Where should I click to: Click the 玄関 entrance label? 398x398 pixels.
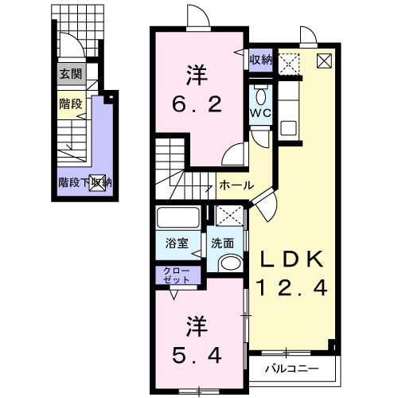click(71, 74)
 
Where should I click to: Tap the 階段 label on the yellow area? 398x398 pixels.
click(71, 103)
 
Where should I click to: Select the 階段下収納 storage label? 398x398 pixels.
click(85, 182)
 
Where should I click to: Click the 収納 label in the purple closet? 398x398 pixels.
click(261, 60)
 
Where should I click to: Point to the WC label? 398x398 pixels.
click(261, 113)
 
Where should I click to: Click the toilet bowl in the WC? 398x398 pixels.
click(261, 97)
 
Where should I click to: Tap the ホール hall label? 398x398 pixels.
click(236, 185)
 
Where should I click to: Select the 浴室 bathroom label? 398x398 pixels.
click(177, 243)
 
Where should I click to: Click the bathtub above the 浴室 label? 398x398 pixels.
click(178, 217)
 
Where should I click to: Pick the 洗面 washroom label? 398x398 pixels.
click(222, 243)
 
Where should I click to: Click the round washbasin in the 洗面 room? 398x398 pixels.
click(231, 263)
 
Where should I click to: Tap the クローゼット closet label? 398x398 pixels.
click(177, 275)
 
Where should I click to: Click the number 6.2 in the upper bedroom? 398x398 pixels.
click(197, 104)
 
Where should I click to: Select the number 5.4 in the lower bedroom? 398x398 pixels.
click(197, 356)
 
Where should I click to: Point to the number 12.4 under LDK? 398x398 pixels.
click(292, 288)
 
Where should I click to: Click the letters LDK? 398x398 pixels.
click(292, 259)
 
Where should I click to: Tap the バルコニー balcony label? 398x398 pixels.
click(292, 369)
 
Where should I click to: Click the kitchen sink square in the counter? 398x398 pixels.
click(288, 127)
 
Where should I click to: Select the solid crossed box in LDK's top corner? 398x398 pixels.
click(324, 60)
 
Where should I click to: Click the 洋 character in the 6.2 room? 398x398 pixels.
click(197, 75)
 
